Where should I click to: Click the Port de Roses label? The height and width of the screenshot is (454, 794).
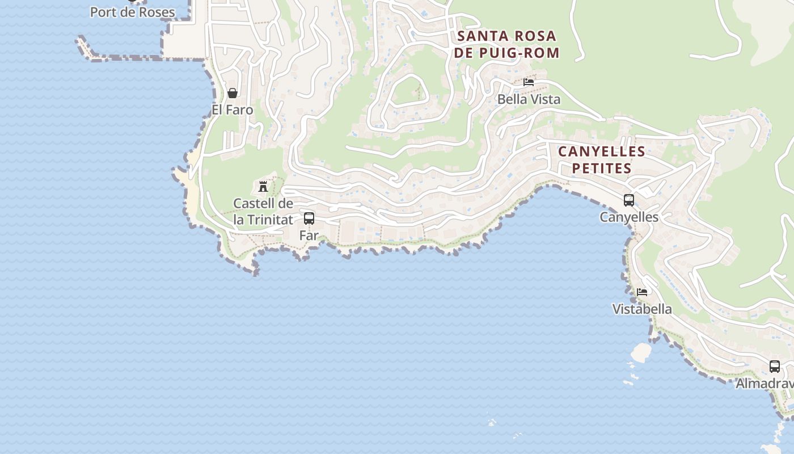pyautogui.click(x=132, y=12)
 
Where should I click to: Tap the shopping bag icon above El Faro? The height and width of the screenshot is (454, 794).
pyautogui.click(x=233, y=93)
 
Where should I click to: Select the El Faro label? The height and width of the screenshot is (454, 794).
pyautogui.click(x=233, y=110)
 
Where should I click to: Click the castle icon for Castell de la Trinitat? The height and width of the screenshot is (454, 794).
pyautogui.click(x=263, y=186)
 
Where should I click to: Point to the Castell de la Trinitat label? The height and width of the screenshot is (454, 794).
pyautogui.click(x=263, y=211)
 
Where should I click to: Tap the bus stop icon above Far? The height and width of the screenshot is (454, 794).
pyautogui.click(x=309, y=218)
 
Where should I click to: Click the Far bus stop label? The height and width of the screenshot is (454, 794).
pyautogui.click(x=309, y=235)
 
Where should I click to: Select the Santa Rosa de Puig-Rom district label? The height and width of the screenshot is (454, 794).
pyautogui.click(x=506, y=44)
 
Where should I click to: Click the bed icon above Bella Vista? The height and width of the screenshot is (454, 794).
pyautogui.click(x=529, y=82)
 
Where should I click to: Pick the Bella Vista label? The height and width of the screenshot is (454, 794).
pyautogui.click(x=529, y=99)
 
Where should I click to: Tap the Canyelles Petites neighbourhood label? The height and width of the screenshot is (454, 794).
pyautogui.click(x=602, y=160)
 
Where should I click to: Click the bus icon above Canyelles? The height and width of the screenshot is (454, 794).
pyautogui.click(x=629, y=200)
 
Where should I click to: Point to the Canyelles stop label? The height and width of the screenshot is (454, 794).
pyautogui.click(x=629, y=217)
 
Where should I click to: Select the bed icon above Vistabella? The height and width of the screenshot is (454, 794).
pyautogui.click(x=642, y=292)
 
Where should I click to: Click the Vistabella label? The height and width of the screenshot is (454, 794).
pyautogui.click(x=642, y=309)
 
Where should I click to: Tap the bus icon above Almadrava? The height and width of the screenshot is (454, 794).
pyautogui.click(x=775, y=367)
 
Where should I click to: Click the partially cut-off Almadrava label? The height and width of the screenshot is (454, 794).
pyautogui.click(x=765, y=384)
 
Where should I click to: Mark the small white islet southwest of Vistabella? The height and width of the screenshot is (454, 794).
pyautogui.click(x=641, y=352)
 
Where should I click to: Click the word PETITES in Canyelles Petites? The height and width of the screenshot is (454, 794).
pyautogui.click(x=602, y=169)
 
